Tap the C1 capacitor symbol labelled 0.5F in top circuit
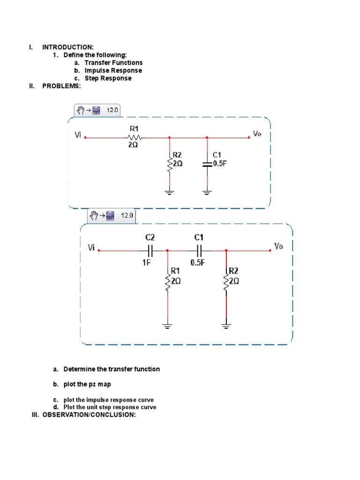click(207, 164)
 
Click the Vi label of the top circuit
click(78, 135)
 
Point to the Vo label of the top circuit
click(257, 134)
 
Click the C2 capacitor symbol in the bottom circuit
click(150, 250)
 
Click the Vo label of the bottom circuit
click(278, 246)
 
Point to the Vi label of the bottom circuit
click(91, 247)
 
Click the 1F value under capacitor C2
click(146, 263)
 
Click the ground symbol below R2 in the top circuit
click(169, 192)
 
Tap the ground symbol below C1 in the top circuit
click(207, 192)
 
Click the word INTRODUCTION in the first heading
click(67, 47)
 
